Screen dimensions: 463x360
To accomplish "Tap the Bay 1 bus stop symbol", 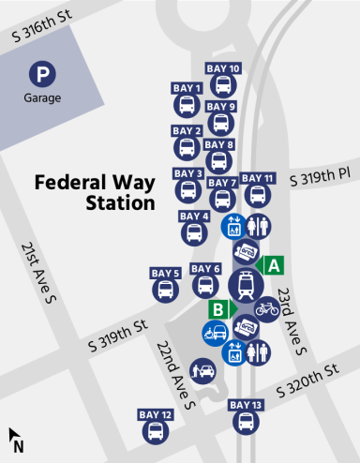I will [x=187, y=105].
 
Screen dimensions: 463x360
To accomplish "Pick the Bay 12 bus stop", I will [x=155, y=432].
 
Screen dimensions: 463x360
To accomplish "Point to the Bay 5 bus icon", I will [x=165, y=290].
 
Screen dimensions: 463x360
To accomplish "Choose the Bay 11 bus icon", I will [x=258, y=195].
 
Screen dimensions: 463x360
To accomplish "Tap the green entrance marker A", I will [x=273, y=265].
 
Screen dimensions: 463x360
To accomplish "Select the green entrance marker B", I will [x=217, y=308].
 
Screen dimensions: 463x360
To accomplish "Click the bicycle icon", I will [x=266, y=307].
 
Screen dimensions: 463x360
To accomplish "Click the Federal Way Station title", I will [x=94, y=191].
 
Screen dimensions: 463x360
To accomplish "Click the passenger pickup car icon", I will [x=202, y=371].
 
